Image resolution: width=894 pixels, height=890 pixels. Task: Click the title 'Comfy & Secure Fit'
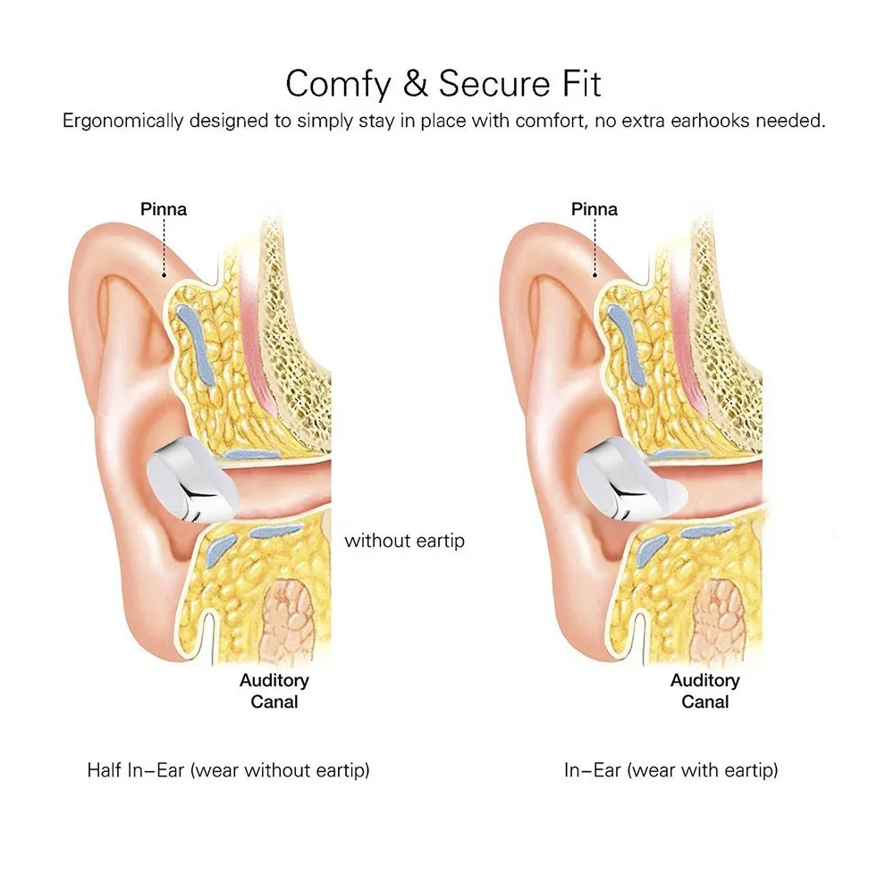coord(443,83)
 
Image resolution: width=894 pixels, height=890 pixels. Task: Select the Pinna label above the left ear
coord(164,210)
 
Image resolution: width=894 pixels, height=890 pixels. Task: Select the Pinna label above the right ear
coord(595,210)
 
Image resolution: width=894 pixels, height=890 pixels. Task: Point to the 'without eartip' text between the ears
coord(404,541)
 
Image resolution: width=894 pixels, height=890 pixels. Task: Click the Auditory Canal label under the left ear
coord(274,691)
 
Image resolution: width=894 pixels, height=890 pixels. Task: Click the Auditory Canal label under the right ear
coord(705,691)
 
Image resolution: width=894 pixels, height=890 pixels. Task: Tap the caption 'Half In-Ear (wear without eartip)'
coord(228,769)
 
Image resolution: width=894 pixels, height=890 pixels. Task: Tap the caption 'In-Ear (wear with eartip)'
coord(670,769)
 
